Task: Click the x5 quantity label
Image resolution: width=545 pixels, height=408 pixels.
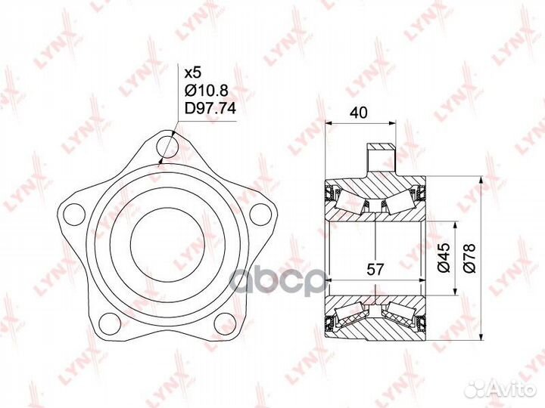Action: pyautogui.click(x=193, y=73)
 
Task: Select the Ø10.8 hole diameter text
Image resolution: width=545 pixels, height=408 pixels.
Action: pyautogui.click(x=207, y=91)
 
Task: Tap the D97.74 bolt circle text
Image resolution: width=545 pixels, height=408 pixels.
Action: pyautogui.click(x=210, y=109)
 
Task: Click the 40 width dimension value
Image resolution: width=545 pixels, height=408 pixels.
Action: pyautogui.click(x=358, y=113)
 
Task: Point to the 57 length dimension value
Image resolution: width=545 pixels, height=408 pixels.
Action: pyautogui.click(x=375, y=269)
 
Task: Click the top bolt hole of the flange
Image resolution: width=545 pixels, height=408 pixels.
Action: pyautogui.click(x=167, y=147)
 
